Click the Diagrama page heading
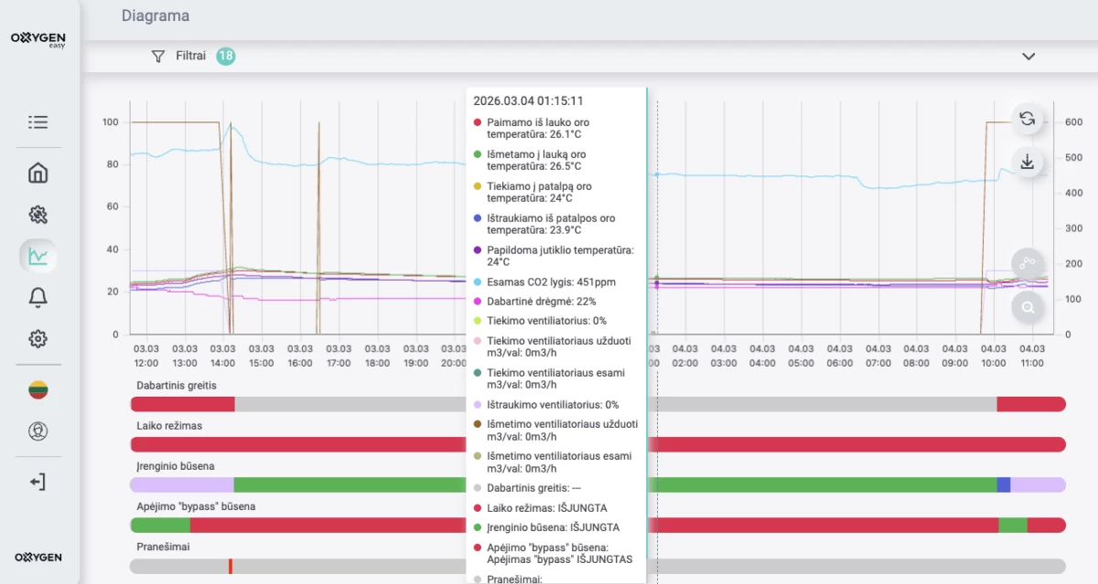[156, 16]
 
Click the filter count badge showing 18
[226, 56]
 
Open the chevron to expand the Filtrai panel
[1028, 56]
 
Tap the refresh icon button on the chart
[1028, 119]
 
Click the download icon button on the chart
[1028, 162]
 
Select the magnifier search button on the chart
[1028, 308]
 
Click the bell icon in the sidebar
[38, 297]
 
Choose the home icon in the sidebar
[38, 173]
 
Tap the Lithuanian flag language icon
[38, 389]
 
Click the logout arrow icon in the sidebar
[38, 482]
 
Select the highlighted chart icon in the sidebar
[38, 256]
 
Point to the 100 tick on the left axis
[111, 122]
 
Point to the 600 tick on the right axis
[1072, 122]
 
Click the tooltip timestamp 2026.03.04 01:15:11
[528, 101]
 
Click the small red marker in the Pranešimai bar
[231, 567]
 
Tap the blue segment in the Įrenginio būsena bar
[1004, 484]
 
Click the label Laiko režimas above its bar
[169, 426]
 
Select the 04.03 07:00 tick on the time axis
[878, 356]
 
